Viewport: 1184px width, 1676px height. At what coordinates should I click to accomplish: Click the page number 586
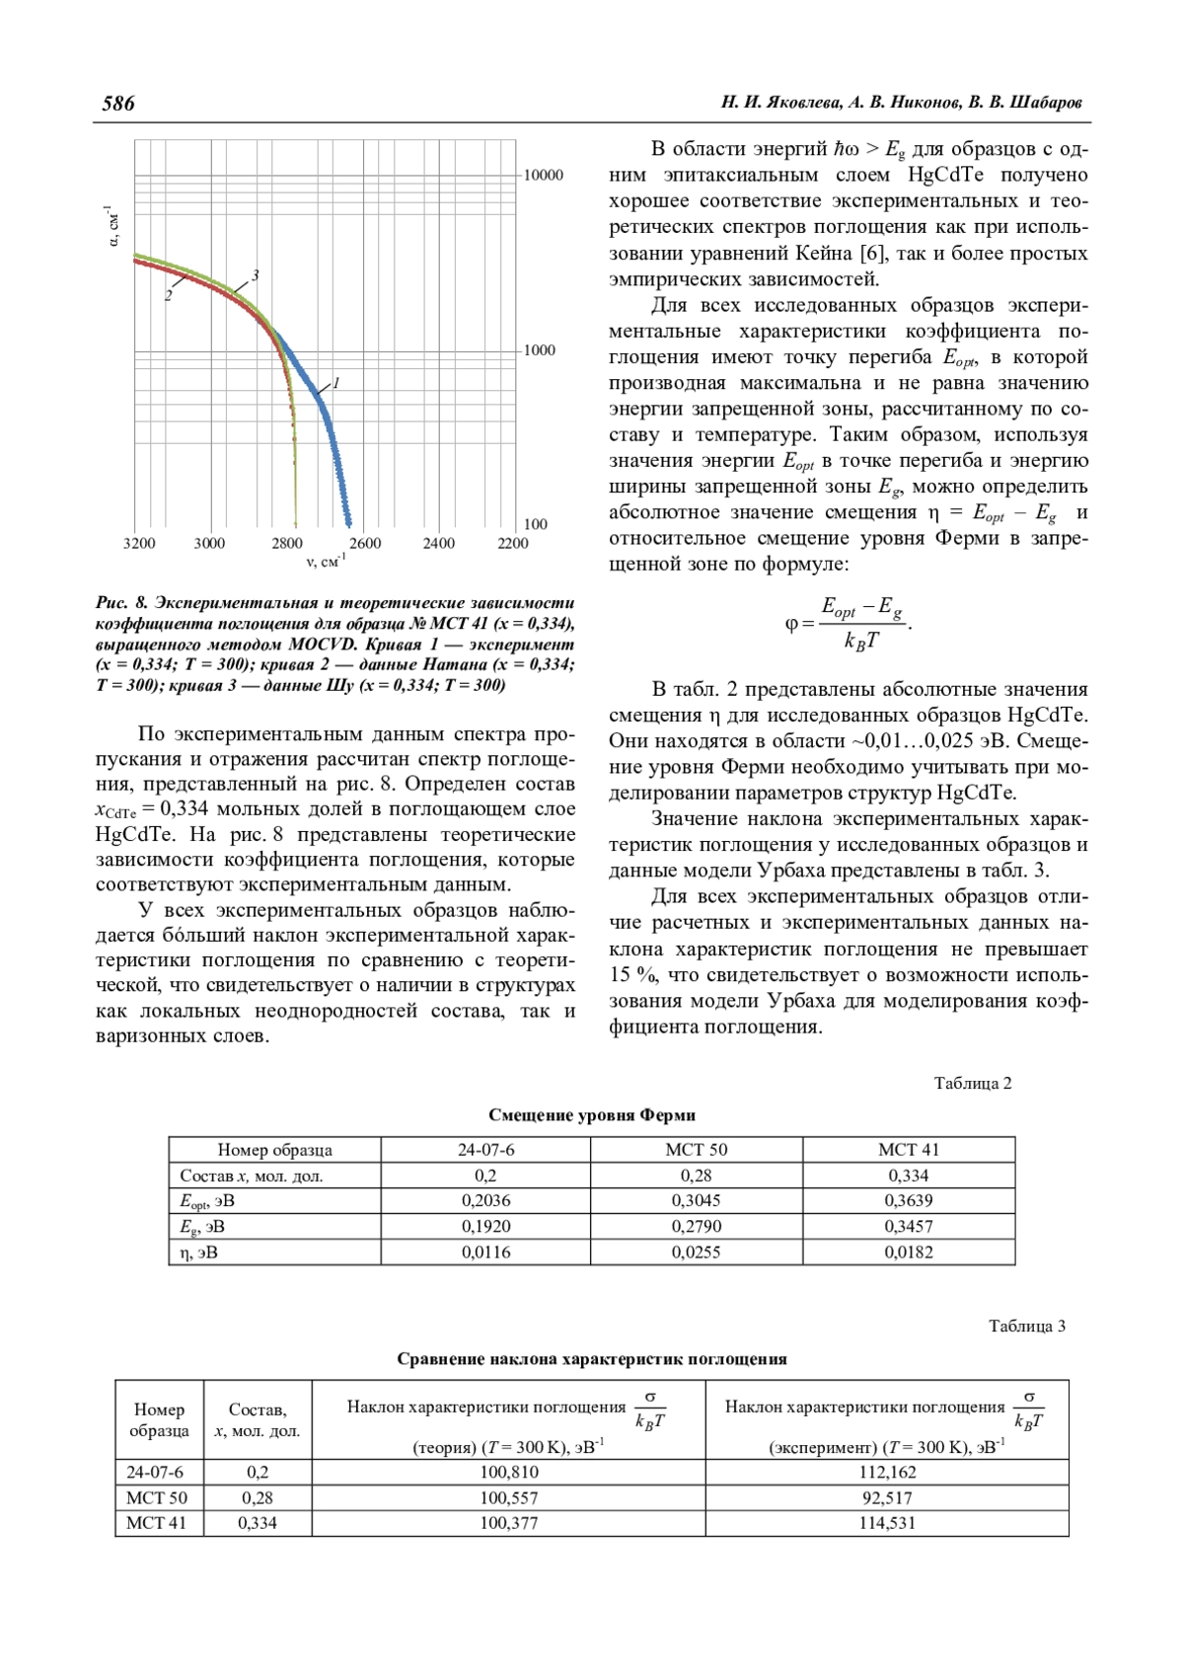pos(118,103)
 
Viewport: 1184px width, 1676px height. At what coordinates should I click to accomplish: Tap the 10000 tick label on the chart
pos(543,176)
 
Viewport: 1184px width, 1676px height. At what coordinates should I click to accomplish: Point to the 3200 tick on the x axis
pos(139,543)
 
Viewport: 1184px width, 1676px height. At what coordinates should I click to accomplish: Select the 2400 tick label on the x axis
pos(439,543)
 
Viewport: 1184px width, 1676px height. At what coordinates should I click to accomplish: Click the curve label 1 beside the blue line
pos(336,382)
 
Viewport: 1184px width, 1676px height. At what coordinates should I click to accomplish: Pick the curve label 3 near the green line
pos(255,275)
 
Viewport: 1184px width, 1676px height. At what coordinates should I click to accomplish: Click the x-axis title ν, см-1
pos(325,563)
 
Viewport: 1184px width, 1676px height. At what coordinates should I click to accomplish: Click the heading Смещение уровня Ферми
pos(592,1115)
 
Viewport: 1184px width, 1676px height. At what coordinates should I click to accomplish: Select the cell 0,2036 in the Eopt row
pos(485,1201)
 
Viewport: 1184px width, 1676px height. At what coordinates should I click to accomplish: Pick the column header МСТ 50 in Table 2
pos(696,1150)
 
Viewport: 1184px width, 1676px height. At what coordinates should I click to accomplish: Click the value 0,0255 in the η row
pos(696,1253)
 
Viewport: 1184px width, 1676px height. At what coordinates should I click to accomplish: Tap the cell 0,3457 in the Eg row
pos(909,1227)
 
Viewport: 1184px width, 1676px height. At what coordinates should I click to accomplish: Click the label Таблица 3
pos(1027,1327)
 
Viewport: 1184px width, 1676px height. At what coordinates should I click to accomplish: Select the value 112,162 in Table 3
pos(887,1473)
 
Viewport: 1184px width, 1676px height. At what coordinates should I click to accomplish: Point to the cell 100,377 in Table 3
pos(509,1523)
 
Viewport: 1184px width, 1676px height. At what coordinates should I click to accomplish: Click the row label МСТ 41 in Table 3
pos(157,1523)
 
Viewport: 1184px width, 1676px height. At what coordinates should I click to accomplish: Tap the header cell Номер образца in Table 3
pos(159,1419)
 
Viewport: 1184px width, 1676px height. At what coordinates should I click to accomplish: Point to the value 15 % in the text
pos(632,975)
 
